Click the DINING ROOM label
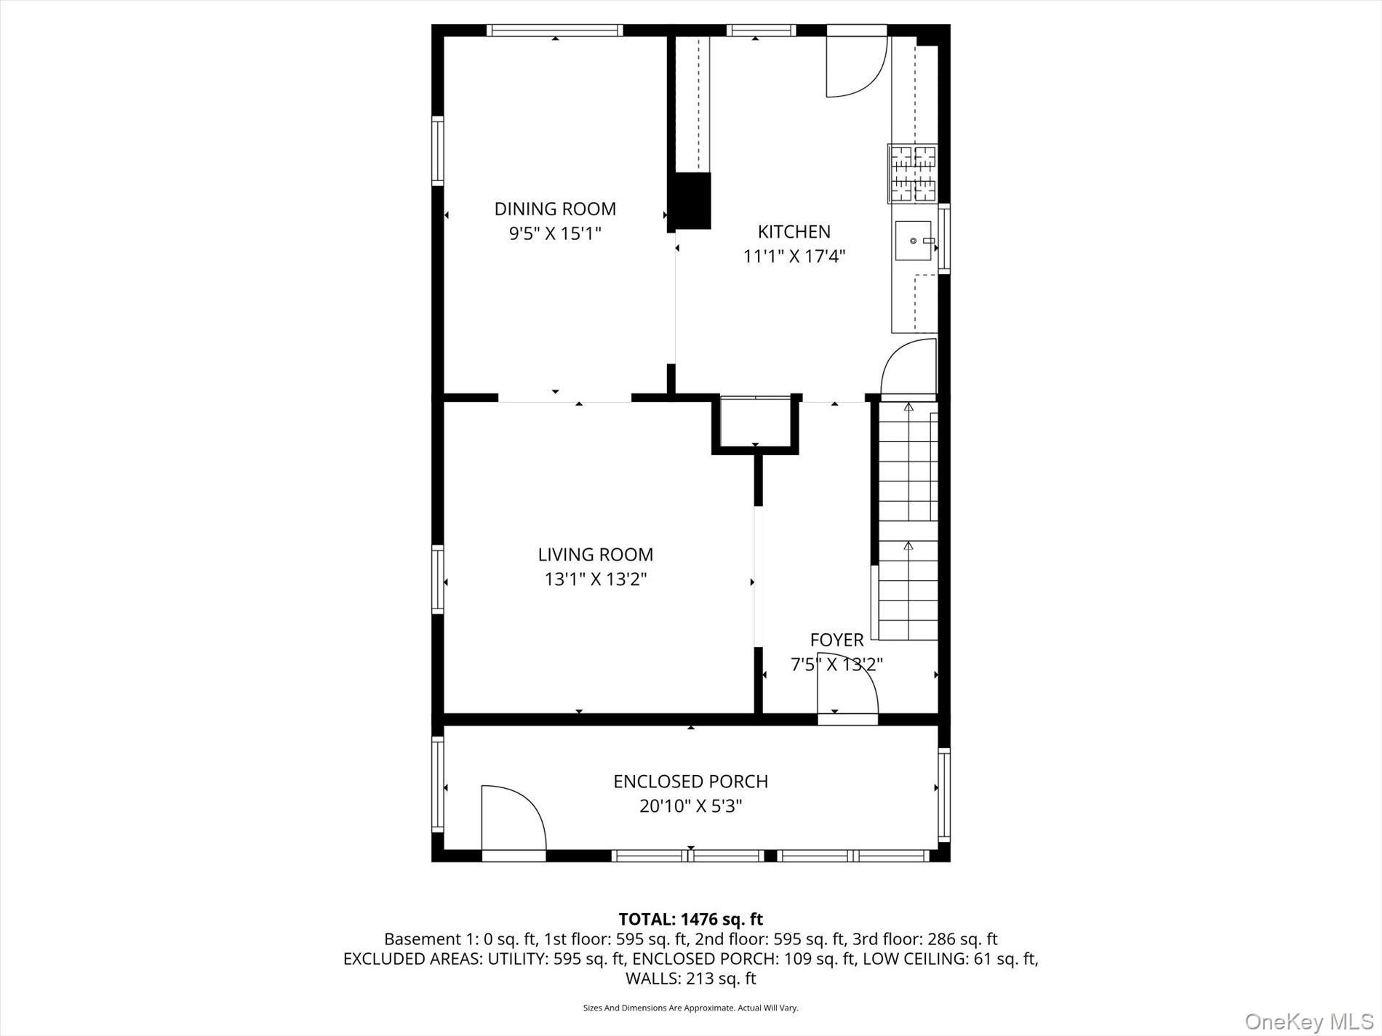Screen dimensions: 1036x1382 coord(555,209)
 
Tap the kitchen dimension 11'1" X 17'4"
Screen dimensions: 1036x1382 coord(794,256)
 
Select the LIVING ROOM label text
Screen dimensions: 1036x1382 coord(595,554)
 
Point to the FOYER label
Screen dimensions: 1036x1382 coord(836,640)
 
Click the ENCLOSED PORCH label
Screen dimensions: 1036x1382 coord(690,781)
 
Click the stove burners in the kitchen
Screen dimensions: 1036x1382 coord(914,174)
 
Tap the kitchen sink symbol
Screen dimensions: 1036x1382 coord(914,241)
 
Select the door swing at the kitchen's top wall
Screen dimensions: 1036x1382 coord(855,65)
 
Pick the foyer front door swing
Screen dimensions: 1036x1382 coord(847,687)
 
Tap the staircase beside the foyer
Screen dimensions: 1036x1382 coord(908,520)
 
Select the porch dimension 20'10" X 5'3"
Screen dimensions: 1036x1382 coord(690,806)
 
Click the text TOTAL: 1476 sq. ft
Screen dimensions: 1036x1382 coord(690,919)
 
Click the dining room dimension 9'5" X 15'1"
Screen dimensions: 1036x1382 coord(555,233)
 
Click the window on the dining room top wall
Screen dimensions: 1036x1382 coord(554,30)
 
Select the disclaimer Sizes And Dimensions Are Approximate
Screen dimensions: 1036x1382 coord(690,1008)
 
